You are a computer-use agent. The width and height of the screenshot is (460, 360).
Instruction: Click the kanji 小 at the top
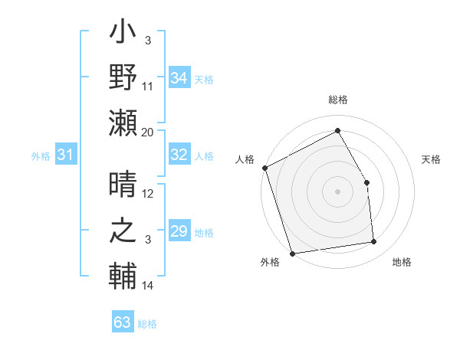pyautogui.click(x=123, y=34)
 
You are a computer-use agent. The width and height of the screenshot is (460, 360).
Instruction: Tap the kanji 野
pyautogui.click(x=123, y=78)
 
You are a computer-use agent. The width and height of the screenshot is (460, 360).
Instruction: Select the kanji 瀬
pyautogui.click(x=123, y=123)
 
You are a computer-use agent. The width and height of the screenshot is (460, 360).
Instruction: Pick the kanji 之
pyautogui.click(x=123, y=231)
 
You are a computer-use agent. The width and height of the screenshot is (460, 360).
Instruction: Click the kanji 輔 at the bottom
pyautogui.click(x=123, y=276)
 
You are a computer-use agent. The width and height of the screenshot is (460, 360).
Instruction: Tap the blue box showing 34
pyautogui.click(x=179, y=78)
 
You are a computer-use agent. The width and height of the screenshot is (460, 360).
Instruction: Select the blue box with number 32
pyautogui.click(x=179, y=155)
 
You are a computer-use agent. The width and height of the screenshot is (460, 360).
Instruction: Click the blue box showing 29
pyautogui.click(x=179, y=231)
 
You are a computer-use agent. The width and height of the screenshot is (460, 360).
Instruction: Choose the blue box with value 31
pyautogui.click(x=66, y=155)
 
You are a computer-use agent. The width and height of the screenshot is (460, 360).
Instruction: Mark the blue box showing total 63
pyautogui.click(x=123, y=322)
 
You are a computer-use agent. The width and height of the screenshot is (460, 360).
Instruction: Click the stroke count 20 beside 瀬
pyautogui.click(x=148, y=132)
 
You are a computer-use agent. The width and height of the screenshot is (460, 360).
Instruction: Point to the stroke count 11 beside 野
pyautogui.click(x=148, y=86)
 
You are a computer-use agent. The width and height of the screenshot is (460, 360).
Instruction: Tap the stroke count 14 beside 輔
pyautogui.click(x=148, y=286)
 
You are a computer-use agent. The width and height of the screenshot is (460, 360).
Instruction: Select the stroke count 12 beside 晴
pyautogui.click(x=148, y=194)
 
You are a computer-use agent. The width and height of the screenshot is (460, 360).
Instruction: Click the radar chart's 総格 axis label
pyautogui.click(x=337, y=100)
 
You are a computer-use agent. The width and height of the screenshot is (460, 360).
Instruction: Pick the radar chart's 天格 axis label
pyautogui.click(x=431, y=159)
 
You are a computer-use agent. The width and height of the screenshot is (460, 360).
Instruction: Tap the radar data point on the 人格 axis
pyautogui.click(x=264, y=168)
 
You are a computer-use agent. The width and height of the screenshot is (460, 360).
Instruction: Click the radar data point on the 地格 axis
pyautogui.click(x=374, y=242)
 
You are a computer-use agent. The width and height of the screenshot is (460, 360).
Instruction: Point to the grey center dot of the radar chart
pyautogui.click(x=337, y=191)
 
